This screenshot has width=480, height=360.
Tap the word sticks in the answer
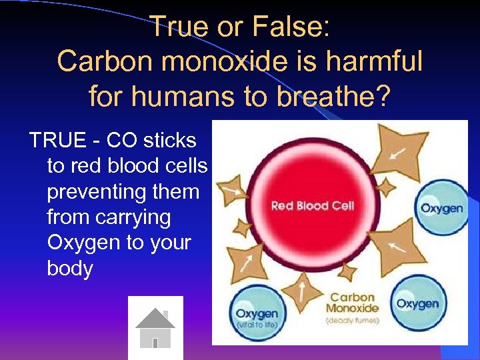[x=169, y=141]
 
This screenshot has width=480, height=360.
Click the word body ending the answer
[x=70, y=269]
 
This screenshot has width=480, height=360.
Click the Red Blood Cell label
[x=313, y=205]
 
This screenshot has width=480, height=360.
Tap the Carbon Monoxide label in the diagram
[x=353, y=303]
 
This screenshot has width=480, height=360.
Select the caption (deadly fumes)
[x=353, y=321]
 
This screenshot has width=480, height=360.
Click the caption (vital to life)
[x=257, y=325]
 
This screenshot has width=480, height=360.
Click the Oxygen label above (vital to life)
[x=257, y=313]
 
